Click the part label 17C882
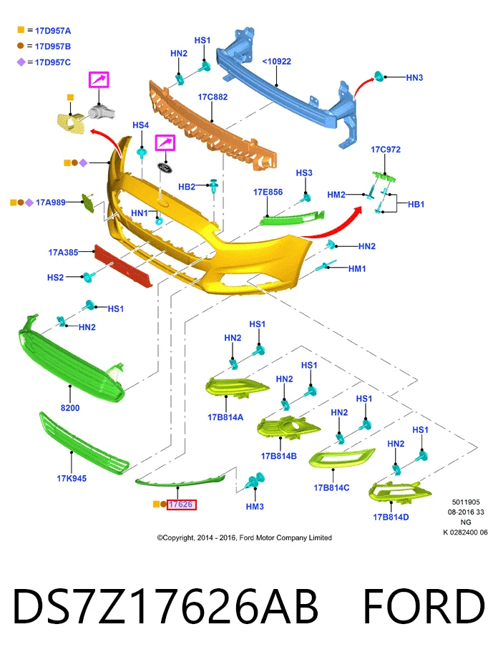tap(213, 97)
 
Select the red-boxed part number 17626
tap(181, 504)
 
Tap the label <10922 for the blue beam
tap(276, 62)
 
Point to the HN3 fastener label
tap(414, 78)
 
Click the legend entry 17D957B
tap(53, 47)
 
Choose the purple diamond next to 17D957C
tap(21, 62)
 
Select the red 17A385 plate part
tap(123, 266)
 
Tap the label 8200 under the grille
tap(70, 408)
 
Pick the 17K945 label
tap(72, 478)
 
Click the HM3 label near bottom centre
tap(255, 506)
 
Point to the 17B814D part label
tap(391, 517)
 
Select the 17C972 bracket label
tap(386, 150)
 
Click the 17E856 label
tap(268, 192)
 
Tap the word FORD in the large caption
tap(424, 606)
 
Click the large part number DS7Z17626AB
tap(165, 606)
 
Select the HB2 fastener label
tap(187, 187)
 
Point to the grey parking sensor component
tap(102, 113)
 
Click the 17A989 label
tap(51, 203)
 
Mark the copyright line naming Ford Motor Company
tap(245, 538)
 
